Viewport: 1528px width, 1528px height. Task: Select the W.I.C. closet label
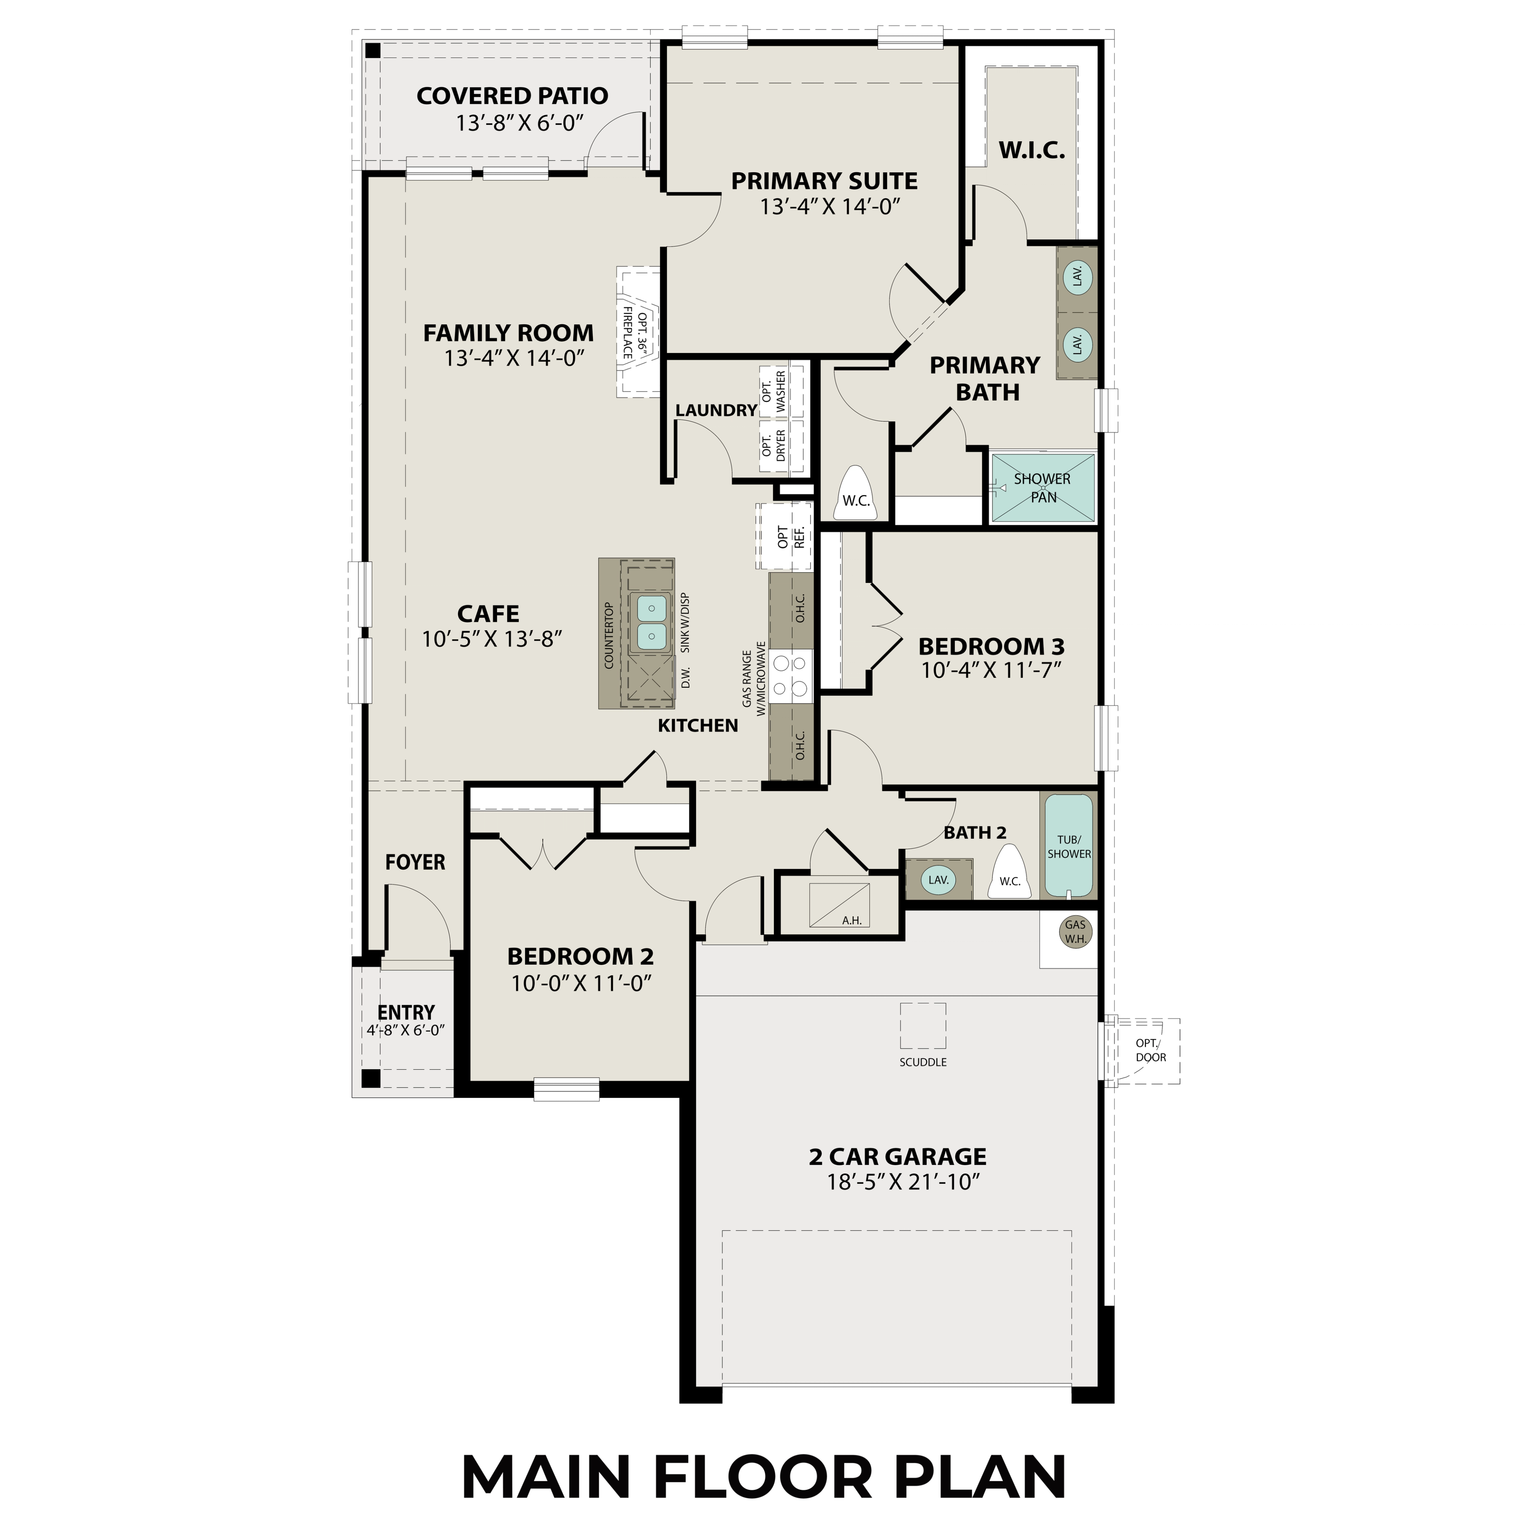click(1031, 150)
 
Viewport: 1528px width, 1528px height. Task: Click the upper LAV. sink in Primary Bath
click(1076, 277)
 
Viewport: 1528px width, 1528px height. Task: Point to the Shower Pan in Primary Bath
click(1043, 488)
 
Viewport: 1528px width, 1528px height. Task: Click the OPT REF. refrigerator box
click(784, 537)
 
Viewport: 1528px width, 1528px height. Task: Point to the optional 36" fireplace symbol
click(637, 332)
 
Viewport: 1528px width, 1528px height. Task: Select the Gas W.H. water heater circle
click(1075, 932)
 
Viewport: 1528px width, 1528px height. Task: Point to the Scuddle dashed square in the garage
click(922, 1026)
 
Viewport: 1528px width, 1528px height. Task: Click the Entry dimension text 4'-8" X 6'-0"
click(406, 1031)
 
